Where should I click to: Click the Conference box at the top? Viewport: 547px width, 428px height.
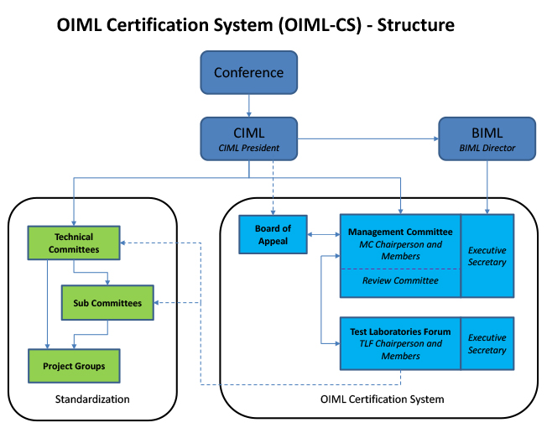(248, 73)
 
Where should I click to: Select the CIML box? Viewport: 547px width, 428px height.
(248, 138)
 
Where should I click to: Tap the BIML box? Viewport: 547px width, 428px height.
(487, 138)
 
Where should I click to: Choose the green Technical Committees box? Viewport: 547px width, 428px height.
(74, 243)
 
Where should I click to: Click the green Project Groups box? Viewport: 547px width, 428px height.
(74, 366)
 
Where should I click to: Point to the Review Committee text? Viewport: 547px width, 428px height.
(400, 281)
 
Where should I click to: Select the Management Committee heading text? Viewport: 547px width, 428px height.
(400, 232)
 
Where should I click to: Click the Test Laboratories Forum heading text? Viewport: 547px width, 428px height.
(400, 331)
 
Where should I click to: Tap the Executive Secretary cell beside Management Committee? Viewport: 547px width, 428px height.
(487, 256)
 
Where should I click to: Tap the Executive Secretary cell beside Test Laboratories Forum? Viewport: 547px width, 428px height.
(487, 343)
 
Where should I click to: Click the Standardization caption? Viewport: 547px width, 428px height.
(92, 399)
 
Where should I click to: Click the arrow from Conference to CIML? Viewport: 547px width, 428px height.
(248, 105)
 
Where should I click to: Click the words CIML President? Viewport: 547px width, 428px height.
(248, 149)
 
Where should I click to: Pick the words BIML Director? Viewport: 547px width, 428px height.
(487, 149)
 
